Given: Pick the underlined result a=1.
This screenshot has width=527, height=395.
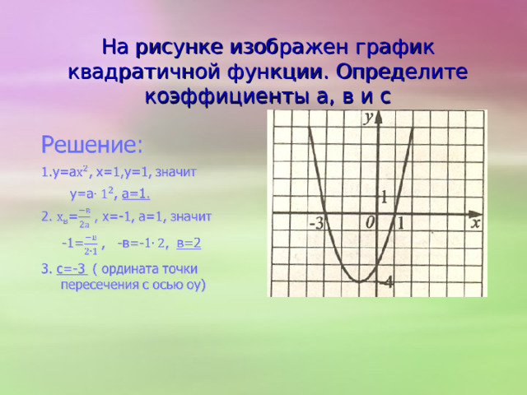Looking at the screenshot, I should (136, 194).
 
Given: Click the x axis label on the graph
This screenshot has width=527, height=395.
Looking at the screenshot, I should (476, 221).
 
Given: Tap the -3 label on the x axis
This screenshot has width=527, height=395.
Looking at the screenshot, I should (315, 223).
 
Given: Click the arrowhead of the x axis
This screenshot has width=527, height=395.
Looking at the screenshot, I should (482, 212).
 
